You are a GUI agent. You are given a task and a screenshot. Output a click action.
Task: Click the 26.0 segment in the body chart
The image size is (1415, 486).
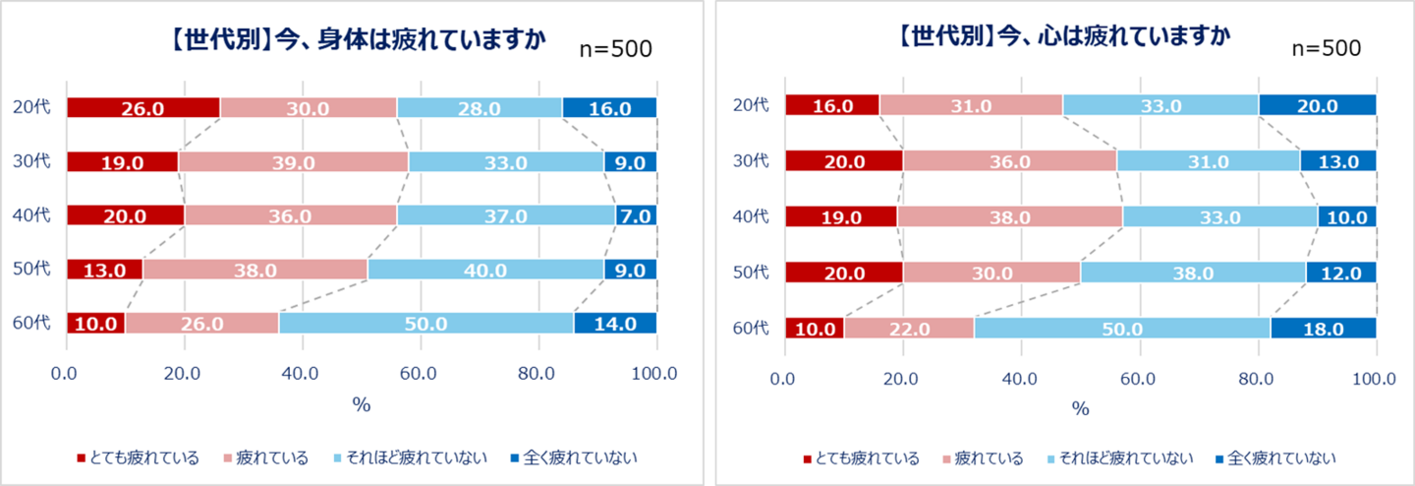click(143, 108)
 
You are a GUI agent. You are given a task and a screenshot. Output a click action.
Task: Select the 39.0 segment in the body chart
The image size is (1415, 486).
click(294, 162)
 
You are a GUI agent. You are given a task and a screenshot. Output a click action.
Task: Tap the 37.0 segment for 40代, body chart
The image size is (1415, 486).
click(506, 215)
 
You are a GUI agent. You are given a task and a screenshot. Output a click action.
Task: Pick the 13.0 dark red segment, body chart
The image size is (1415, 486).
click(104, 270)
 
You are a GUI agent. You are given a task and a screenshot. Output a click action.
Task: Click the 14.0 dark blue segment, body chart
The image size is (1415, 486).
click(616, 323)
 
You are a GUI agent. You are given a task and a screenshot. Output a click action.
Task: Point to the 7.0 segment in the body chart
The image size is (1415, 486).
click(637, 215)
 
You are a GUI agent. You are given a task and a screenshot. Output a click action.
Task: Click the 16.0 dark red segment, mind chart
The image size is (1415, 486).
click(832, 105)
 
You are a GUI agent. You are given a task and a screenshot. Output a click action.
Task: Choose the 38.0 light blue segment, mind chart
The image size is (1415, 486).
click(1193, 273)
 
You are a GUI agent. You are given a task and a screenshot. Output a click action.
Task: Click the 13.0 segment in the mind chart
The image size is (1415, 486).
click(1338, 160)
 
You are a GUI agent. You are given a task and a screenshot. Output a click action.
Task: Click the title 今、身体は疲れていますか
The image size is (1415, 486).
click(359, 40)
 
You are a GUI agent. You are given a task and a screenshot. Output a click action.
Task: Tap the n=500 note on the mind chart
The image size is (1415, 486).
click(1326, 49)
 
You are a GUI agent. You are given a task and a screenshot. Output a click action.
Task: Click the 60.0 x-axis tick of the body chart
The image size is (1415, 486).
click(420, 374)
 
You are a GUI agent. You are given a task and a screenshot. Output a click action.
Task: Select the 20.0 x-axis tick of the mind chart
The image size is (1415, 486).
click(902, 379)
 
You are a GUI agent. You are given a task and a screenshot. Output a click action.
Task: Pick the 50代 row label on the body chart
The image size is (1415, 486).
click(34, 270)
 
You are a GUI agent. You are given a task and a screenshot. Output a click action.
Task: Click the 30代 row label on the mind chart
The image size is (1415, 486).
click(754, 160)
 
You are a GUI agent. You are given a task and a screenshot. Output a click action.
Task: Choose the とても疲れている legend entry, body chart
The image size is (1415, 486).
click(139, 457)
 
